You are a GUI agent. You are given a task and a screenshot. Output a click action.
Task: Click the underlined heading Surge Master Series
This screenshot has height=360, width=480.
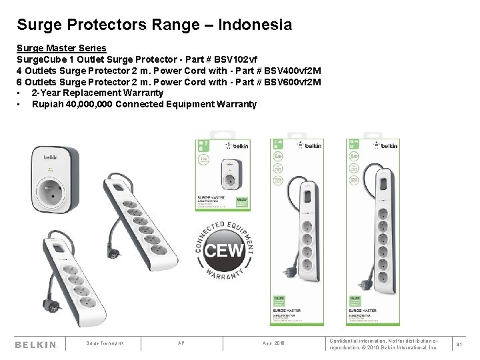pos(61,49)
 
